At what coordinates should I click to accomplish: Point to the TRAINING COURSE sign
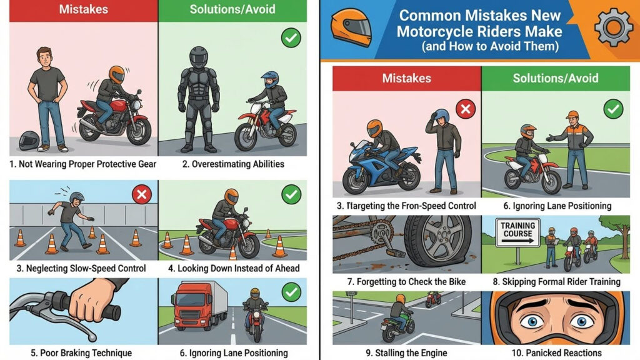pos(517,232)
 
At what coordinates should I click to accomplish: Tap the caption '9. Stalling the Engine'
pos(406,353)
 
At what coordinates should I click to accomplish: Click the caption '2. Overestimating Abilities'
pos(232,164)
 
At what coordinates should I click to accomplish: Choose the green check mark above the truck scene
pos(291,292)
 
